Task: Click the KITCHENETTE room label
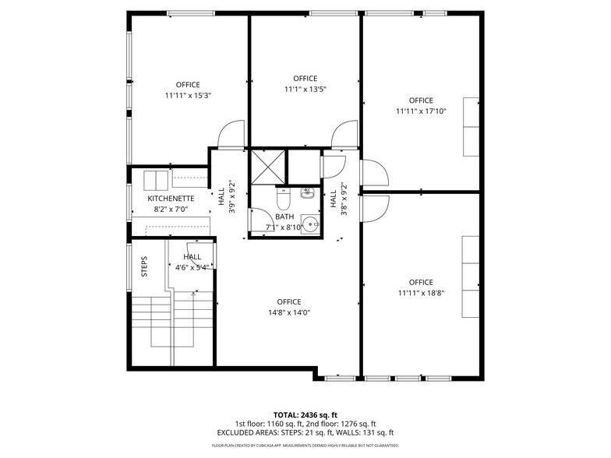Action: point(170,199)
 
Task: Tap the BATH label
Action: point(284,216)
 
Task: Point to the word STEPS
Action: point(144,267)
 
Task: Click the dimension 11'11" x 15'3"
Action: point(188,95)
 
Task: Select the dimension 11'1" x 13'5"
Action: point(305,89)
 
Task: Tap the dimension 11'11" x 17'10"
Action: point(420,111)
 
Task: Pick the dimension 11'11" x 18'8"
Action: point(420,293)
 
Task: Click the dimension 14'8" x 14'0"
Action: point(288,312)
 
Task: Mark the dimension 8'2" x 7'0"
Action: point(170,210)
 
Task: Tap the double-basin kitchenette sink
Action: point(156,179)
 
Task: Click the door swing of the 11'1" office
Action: point(344,136)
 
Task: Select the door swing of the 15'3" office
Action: point(232,136)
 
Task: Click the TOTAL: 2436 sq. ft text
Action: point(305,414)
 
